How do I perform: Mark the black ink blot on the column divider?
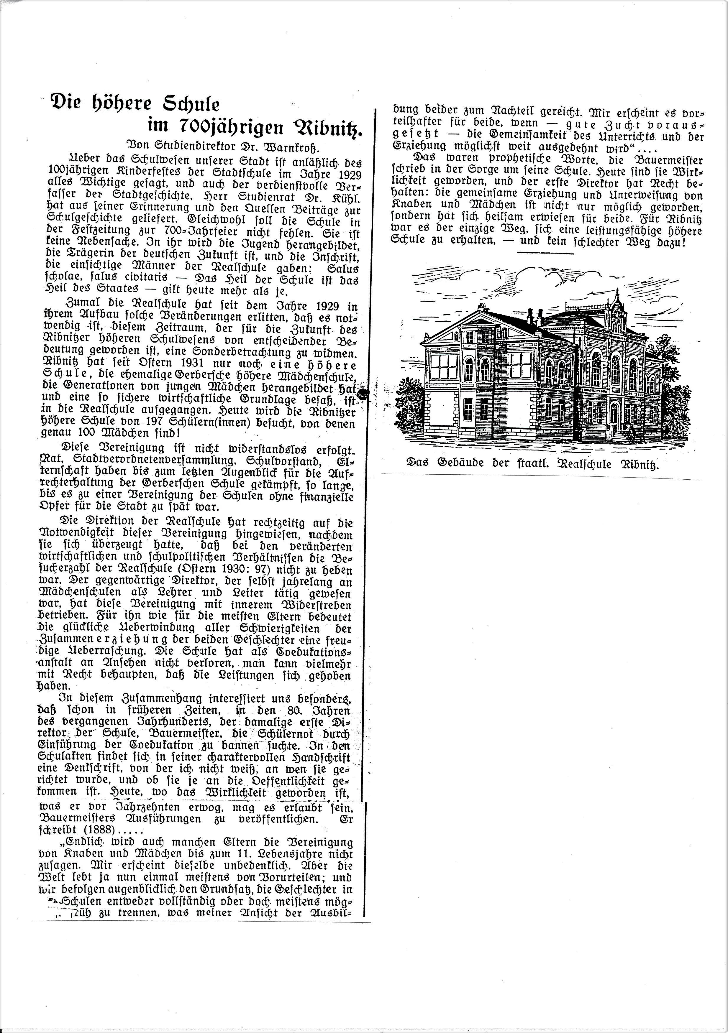pos(364,394)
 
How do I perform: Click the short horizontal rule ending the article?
pos(545,253)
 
